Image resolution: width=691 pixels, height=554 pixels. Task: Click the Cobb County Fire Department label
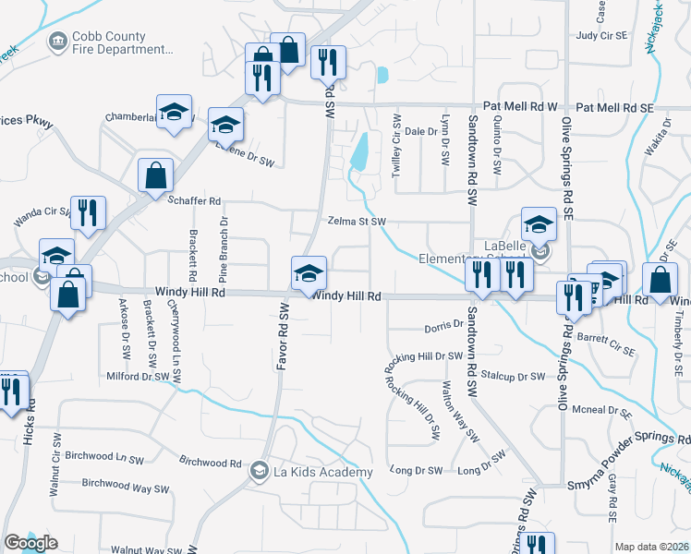(123, 42)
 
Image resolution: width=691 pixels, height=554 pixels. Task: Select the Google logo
(31, 543)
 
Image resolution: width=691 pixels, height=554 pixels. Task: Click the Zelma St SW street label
(356, 222)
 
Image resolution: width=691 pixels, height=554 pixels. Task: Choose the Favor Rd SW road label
(283, 337)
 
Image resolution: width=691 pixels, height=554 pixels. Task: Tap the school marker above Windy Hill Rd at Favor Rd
(309, 271)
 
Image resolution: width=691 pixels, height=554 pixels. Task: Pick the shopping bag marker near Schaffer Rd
(156, 174)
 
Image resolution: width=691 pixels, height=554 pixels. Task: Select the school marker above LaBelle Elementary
(539, 223)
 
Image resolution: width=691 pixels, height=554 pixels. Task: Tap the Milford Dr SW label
(139, 377)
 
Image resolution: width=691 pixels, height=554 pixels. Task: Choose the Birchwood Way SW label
(126, 487)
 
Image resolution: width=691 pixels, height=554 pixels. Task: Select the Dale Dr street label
(420, 132)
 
